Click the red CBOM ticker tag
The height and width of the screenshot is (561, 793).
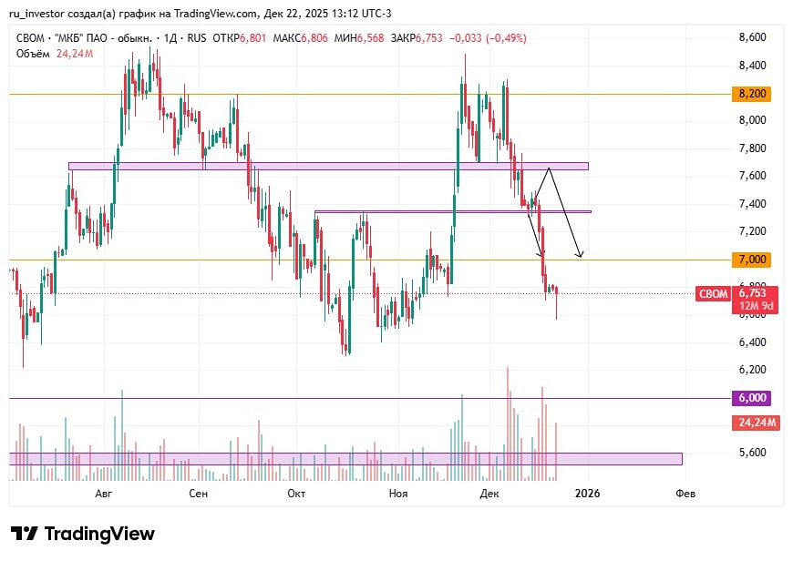(x=712, y=294)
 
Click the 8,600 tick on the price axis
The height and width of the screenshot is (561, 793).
(x=752, y=37)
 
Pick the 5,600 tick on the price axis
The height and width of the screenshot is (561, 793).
(x=752, y=452)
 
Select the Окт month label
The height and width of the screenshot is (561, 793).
(x=295, y=494)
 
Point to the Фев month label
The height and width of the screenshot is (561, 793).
(x=685, y=494)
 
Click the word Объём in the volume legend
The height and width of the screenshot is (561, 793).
(x=34, y=53)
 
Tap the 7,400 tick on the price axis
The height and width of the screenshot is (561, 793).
(x=752, y=203)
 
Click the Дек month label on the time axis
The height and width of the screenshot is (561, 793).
(x=490, y=494)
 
